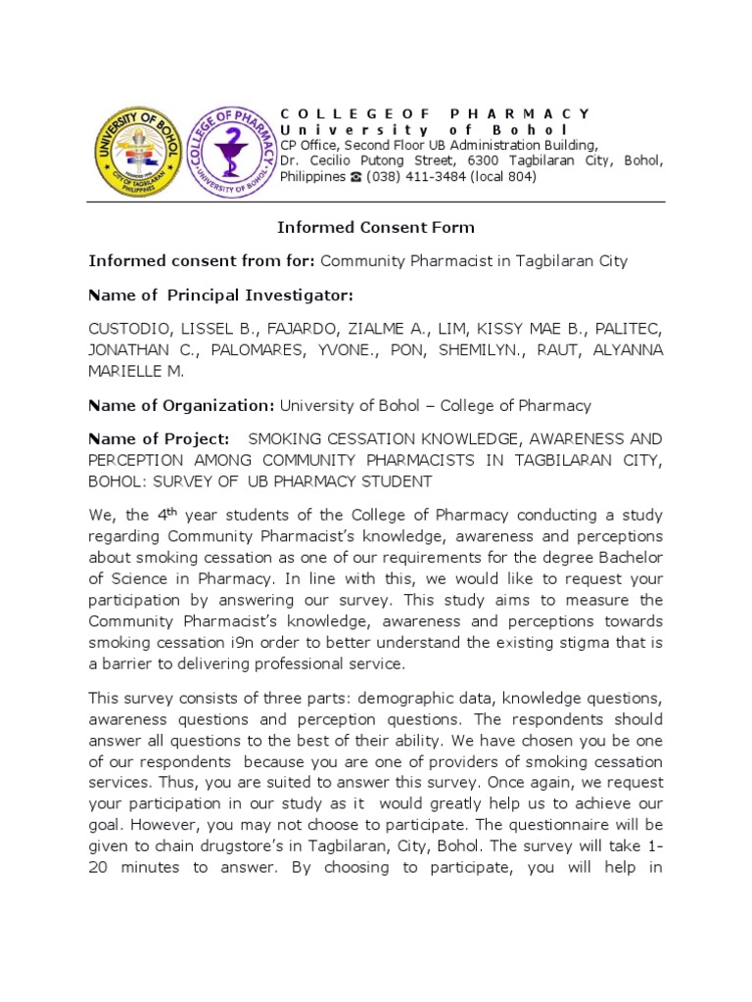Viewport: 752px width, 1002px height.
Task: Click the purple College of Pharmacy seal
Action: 230,152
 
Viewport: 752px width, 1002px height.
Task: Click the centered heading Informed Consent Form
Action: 375,228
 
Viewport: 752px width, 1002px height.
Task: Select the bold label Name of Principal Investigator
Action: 220,296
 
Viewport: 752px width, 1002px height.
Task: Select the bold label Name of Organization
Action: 181,405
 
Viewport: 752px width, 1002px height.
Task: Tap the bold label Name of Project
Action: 160,438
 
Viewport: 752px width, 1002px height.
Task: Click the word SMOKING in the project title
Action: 289,438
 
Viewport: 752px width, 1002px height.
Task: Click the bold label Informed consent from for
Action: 202,261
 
